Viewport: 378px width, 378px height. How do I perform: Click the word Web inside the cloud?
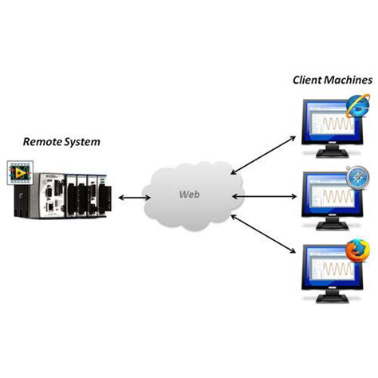[188, 195]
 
